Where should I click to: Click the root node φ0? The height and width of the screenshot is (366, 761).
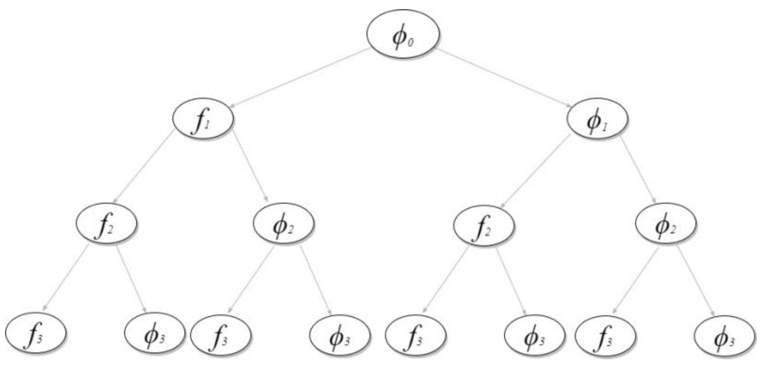click(403, 34)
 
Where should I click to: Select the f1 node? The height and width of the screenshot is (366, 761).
click(203, 119)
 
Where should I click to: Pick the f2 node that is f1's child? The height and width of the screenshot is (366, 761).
click(106, 223)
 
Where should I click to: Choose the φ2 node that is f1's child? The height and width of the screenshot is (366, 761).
click(284, 223)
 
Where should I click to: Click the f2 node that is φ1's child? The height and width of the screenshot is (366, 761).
click(484, 225)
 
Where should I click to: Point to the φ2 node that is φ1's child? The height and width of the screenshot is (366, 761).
click(666, 224)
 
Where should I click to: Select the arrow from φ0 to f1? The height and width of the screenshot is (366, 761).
click(300, 77)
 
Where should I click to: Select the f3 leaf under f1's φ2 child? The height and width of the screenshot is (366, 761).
click(221, 334)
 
